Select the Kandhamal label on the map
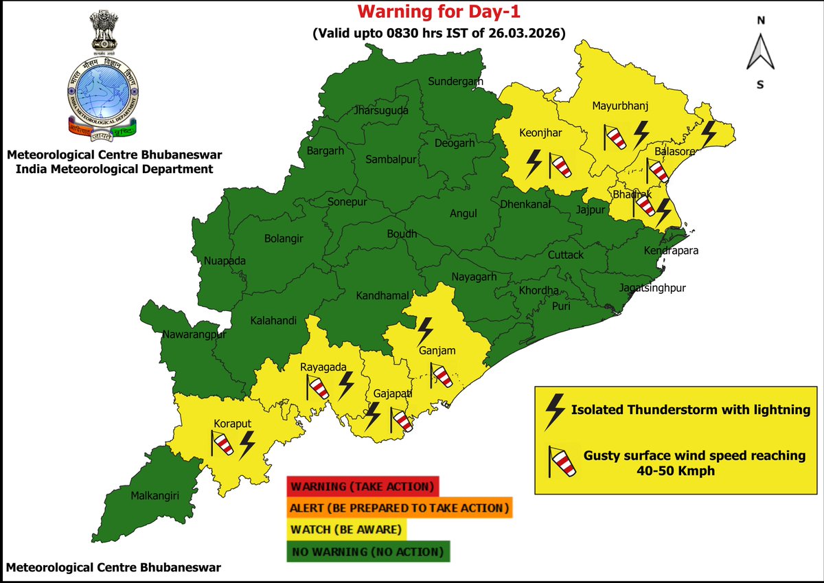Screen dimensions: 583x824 click(382, 296)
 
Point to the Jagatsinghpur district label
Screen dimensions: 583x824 click(652, 288)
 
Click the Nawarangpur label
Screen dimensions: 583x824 click(194, 335)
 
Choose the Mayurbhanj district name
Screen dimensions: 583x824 click(620, 106)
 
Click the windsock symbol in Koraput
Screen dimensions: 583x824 click(223, 444)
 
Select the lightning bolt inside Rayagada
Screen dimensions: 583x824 click(347, 386)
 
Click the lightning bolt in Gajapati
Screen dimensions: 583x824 click(373, 415)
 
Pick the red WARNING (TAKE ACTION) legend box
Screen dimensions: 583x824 click(363, 487)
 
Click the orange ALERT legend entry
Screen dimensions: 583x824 click(400, 508)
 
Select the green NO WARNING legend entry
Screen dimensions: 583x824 click(368, 551)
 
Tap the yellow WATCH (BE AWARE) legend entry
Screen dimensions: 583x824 click(347, 530)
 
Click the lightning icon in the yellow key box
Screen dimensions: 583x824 click(553, 411)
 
